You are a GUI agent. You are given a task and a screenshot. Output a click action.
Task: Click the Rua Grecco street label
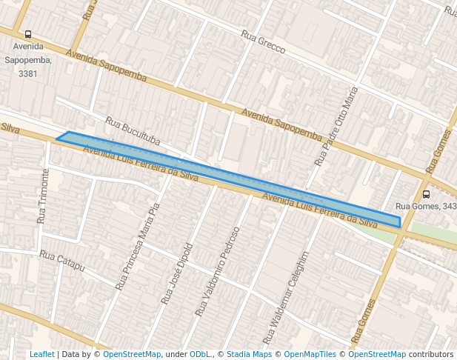263,42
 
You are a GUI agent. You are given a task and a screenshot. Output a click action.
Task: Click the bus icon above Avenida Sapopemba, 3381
28,34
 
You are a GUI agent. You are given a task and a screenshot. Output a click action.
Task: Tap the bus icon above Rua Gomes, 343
426,194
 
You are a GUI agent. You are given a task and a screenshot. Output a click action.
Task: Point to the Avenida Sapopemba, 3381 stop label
28,60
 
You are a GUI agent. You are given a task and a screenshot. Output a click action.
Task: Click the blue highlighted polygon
222,172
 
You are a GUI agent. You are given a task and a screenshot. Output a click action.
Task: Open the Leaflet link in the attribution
41,354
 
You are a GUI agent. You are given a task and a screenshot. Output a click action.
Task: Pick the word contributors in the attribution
431,354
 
